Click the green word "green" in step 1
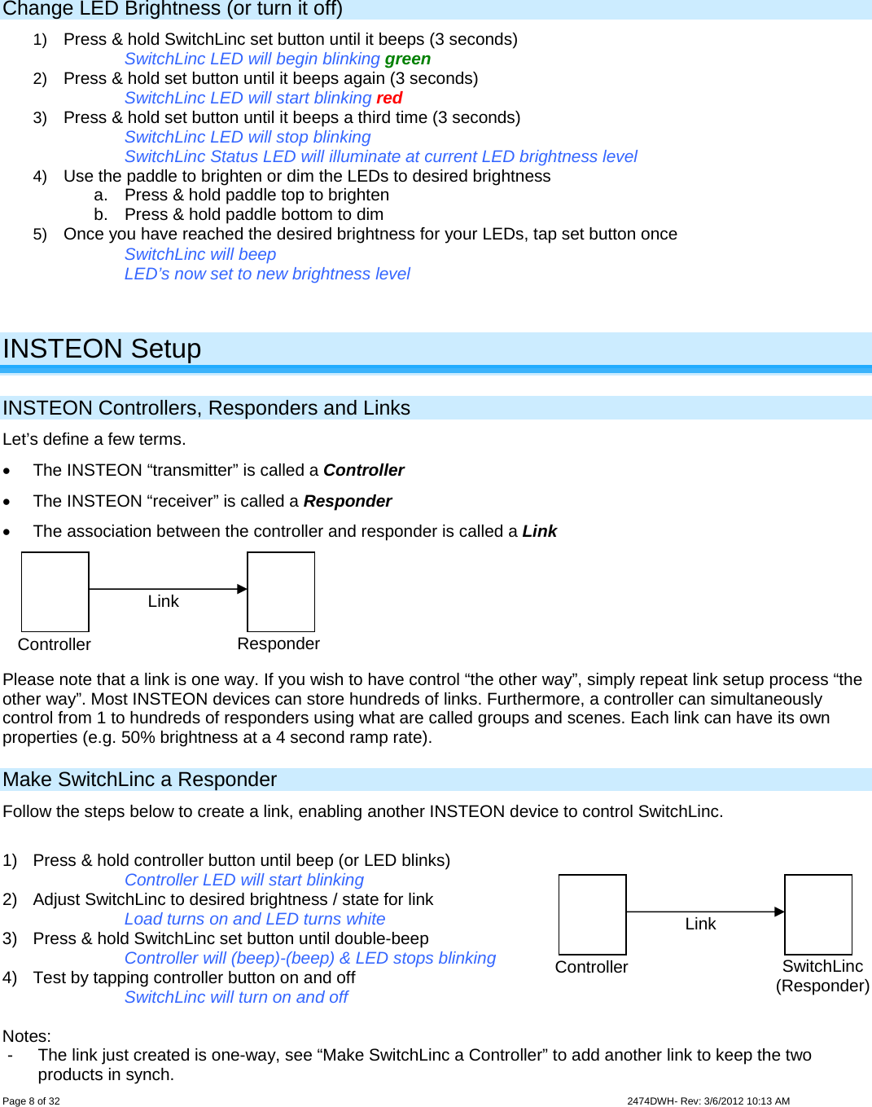[x=407, y=59]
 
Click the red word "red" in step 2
[x=389, y=99]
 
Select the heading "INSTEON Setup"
[x=102, y=349]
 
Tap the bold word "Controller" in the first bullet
[x=363, y=470]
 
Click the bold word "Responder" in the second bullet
[x=348, y=501]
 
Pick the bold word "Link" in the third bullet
[x=539, y=531]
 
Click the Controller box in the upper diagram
[x=55, y=591]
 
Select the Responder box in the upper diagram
[x=281, y=591]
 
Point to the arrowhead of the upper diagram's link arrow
[x=242, y=589]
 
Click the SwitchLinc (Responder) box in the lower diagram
[x=818, y=914]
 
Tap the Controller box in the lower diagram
[x=593, y=914]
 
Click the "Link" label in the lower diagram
[x=700, y=924]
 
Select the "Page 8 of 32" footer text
[x=31, y=1100]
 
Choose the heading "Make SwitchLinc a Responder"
[x=140, y=780]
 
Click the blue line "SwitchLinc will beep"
[x=200, y=254]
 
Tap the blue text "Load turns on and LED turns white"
[x=255, y=919]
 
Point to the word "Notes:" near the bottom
[x=27, y=1036]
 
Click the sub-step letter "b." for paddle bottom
[x=101, y=214]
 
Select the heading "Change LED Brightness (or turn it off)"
[x=173, y=9]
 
